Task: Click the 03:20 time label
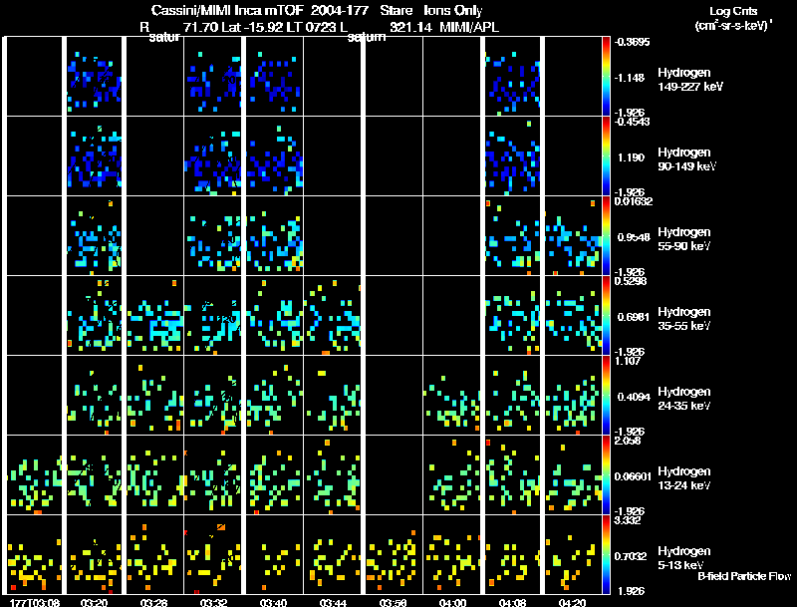95,603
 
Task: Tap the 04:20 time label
572,603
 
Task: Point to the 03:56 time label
393,603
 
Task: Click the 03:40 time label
273,603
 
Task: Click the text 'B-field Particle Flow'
744,577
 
